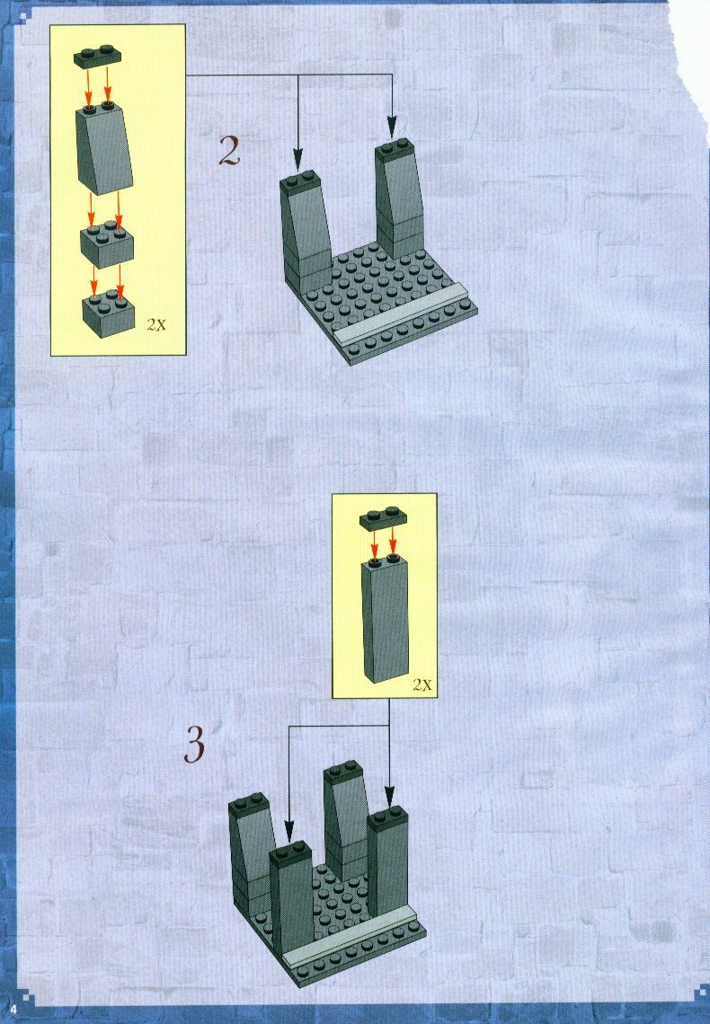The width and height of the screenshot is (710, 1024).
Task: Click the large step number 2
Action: pos(229,151)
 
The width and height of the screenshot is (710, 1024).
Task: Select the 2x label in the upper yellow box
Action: pos(156,324)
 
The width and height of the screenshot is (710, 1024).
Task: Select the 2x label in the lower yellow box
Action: pos(422,685)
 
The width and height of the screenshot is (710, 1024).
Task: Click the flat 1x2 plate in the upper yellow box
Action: pos(99,57)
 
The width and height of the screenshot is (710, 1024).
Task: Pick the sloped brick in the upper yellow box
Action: pos(104,148)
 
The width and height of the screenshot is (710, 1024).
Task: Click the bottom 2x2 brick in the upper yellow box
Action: pos(108,314)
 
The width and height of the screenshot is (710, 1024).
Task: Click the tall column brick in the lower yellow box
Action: pos(386,618)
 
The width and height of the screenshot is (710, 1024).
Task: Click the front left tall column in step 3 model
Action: pos(291,900)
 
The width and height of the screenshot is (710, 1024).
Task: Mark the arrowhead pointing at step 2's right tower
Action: pos(392,127)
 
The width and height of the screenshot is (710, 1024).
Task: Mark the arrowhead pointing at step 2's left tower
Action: pos(297,159)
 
